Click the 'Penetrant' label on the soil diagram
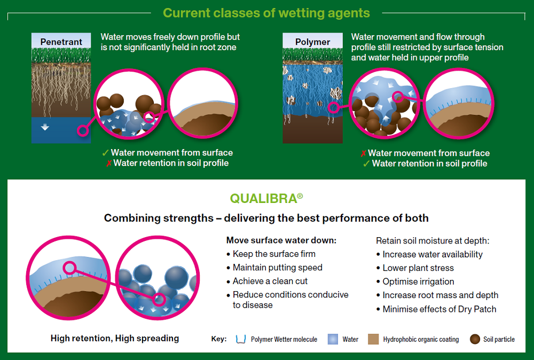coord(61,42)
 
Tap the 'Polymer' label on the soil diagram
coord(312,42)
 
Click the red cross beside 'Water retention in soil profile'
coord(109,163)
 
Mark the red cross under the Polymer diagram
coord(363,154)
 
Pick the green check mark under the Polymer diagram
coord(366,163)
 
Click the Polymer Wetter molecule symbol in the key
coord(241,339)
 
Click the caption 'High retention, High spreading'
coord(115,338)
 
